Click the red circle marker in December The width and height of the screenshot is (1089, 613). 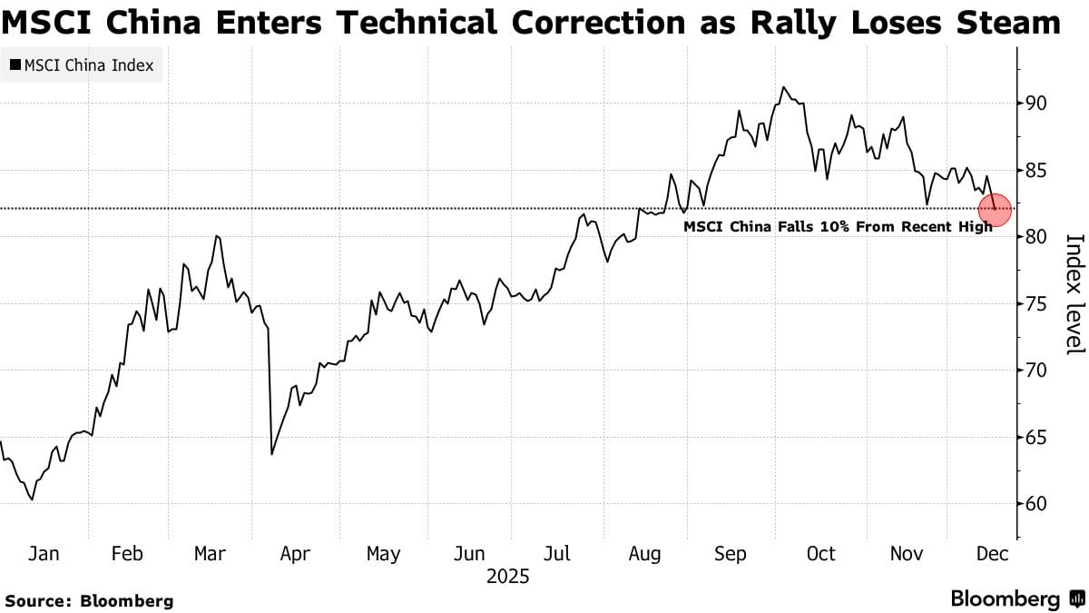pos(996,209)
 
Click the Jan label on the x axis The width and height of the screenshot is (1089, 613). pos(45,553)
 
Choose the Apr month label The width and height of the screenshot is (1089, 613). pos(295,553)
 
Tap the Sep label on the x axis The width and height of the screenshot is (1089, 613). pos(731,553)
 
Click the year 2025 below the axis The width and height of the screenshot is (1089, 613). pos(508,576)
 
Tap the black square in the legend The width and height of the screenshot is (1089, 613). pos(15,65)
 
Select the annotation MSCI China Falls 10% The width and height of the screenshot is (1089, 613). pos(838,226)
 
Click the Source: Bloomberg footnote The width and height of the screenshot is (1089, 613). pos(90,600)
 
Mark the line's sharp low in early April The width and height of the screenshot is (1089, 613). pos(271,454)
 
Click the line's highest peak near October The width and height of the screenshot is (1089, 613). pos(782,87)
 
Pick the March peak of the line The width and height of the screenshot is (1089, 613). pos(217,236)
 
